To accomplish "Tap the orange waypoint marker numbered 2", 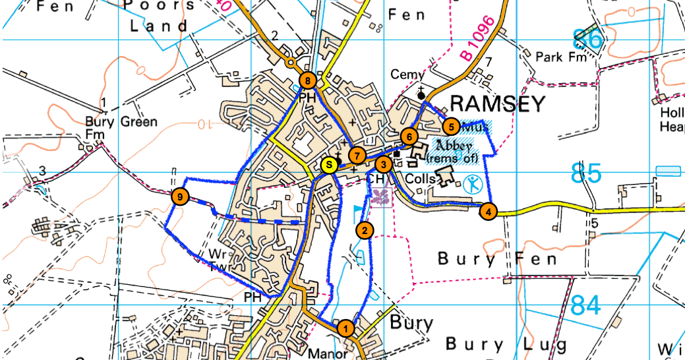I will [363, 230].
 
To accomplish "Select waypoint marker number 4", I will [487, 212].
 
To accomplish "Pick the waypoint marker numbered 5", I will [451, 125].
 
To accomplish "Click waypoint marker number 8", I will [308, 80].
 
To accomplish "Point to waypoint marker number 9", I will [179, 196].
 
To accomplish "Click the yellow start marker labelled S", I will [328, 165].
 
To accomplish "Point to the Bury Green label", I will [121, 122].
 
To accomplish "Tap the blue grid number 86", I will [587, 40].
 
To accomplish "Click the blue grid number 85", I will [586, 173].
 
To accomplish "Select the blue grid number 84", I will [586, 305].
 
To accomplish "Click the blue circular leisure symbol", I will [472, 185].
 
